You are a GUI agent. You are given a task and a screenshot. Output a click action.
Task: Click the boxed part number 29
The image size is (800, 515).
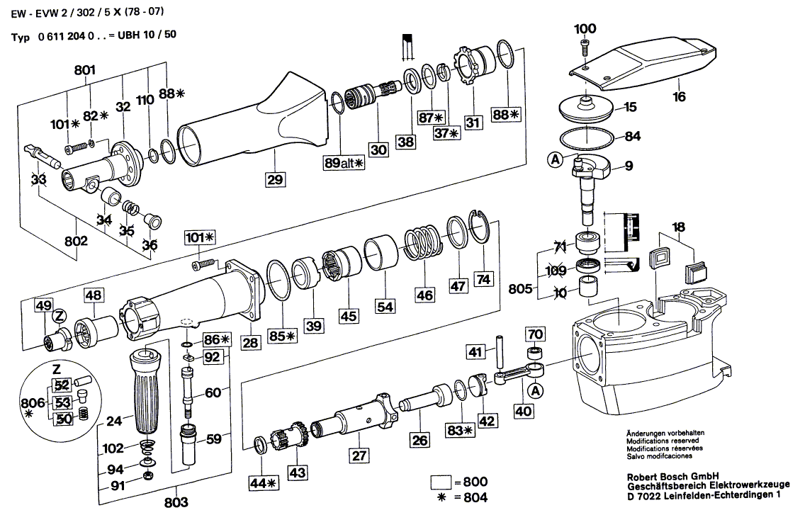(275, 179)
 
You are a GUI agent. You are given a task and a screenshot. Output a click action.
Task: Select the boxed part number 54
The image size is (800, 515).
(384, 307)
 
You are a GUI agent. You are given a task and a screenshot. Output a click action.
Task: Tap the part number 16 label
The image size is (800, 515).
(680, 97)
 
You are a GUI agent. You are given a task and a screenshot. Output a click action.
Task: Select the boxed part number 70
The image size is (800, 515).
(535, 332)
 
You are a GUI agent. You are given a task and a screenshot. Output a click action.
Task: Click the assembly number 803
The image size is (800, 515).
(176, 502)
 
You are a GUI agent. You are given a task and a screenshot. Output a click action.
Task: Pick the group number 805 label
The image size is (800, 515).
(521, 289)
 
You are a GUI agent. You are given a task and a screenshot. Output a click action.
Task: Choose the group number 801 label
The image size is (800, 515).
(84, 70)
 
